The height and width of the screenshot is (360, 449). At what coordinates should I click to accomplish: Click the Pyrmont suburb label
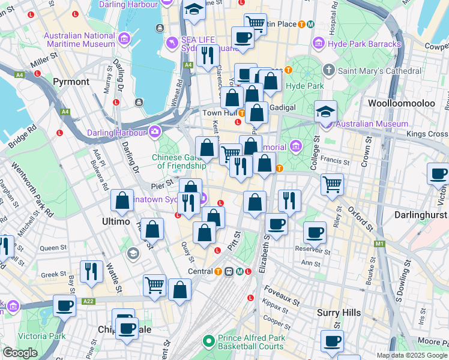(x=71, y=82)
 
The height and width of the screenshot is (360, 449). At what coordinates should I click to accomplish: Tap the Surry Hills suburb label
(x=339, y=313)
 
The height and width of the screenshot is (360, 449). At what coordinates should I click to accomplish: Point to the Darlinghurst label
(x=421, y=214)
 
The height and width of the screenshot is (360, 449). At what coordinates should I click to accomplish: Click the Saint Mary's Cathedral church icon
(x=328, y=71)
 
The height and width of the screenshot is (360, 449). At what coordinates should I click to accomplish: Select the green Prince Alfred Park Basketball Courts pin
(x=208, y=341)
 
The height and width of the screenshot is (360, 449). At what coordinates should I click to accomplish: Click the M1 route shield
(x=379, y=244)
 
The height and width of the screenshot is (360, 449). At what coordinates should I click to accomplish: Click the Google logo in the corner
(x=20, y=353)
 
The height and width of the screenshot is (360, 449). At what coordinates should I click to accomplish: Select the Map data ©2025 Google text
(x=412, y=355)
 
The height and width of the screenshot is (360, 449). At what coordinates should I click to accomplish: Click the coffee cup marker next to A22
(x=65, y=305)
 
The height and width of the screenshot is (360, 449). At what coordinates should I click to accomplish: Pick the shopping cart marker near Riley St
(x=332, y=184)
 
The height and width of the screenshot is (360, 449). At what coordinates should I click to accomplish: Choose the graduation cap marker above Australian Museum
(x=326, y=110)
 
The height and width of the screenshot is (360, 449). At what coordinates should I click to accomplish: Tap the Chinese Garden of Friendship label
(x=179, y=161)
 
